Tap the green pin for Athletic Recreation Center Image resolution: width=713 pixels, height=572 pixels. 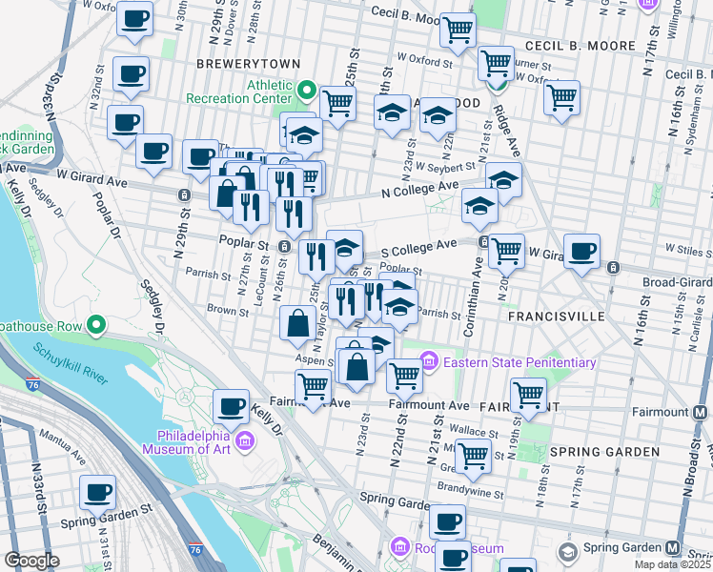click(x=306, y=91)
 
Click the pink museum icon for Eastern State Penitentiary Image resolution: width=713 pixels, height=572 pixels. click(x=429, y=362)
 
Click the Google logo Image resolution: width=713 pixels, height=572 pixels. click(x=32, y=561)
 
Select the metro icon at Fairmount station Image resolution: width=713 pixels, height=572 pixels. click(x=701, y=413)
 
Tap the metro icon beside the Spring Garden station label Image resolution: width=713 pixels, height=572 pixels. click(x=674, y=548)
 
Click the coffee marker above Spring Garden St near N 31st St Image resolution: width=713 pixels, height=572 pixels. click(x=97, y=493)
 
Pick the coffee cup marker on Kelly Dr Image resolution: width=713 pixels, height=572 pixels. click(x=231, y=408)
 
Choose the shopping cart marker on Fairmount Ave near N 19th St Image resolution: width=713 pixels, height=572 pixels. click(x=528, y=395)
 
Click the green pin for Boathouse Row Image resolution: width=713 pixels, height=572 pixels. click(x=95, y=327)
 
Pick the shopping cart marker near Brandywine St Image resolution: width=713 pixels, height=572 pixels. click(x=473, y=456)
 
